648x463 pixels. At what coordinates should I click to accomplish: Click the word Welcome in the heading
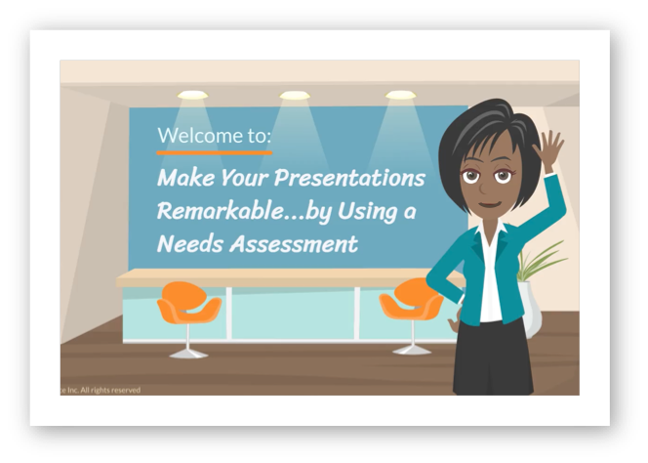(193, 136)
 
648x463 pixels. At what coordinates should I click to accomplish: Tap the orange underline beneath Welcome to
(215, 153)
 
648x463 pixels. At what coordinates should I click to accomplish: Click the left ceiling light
(193, 96)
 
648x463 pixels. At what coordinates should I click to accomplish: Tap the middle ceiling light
(295, 96)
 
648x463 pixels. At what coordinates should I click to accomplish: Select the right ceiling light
(400, 96)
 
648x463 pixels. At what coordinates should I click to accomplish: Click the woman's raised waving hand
(550, 150)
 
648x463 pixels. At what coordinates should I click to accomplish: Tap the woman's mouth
(491, 205)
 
